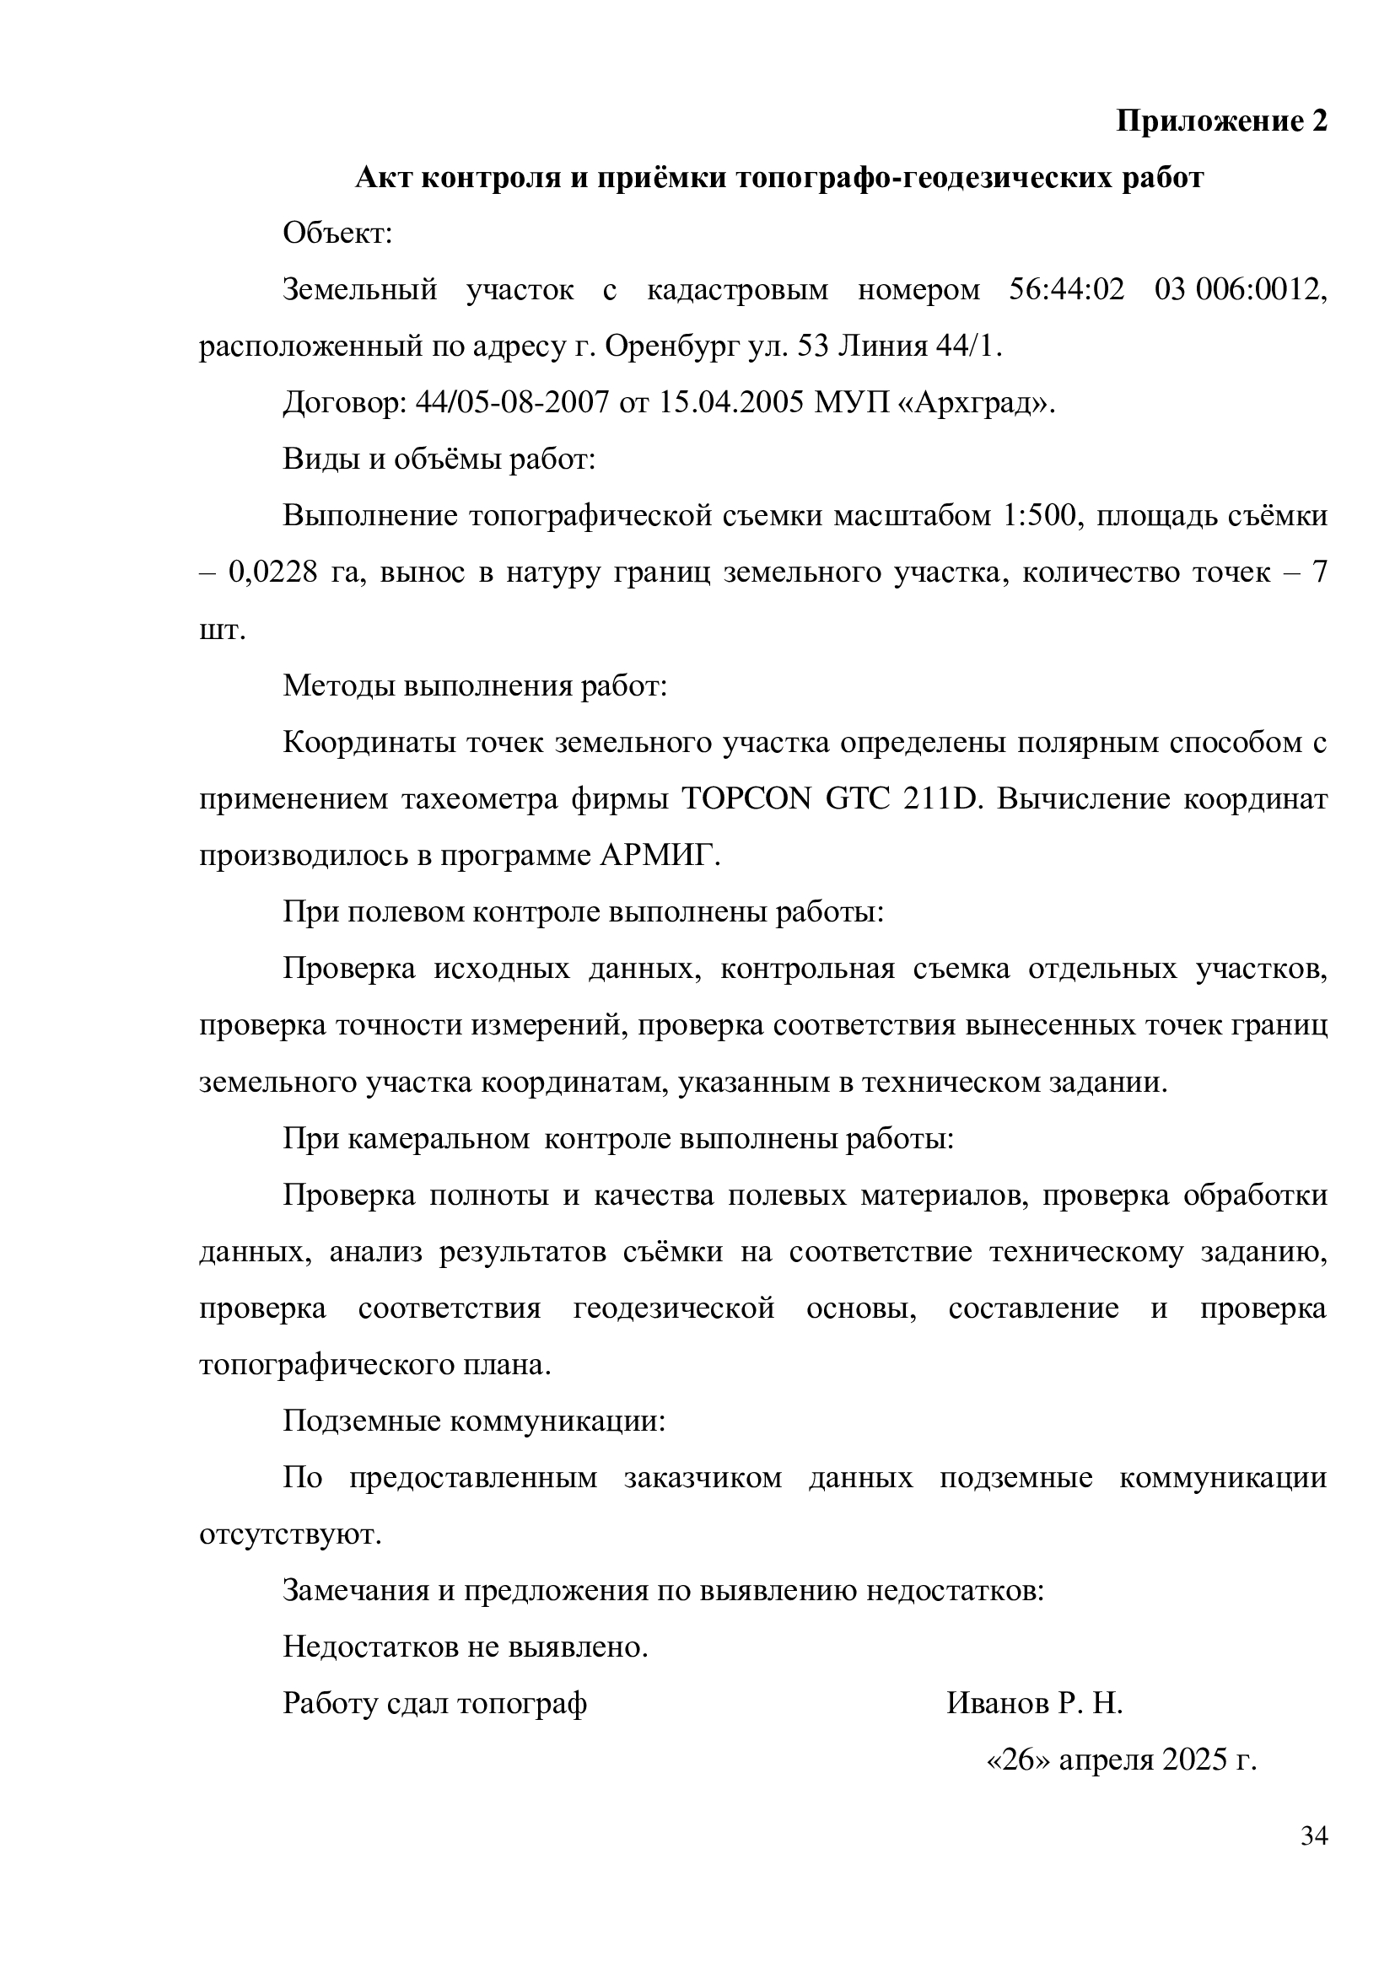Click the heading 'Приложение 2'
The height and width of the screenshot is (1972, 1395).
[x=1220, y=121]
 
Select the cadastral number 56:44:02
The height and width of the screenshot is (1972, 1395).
[x=1066, y=290]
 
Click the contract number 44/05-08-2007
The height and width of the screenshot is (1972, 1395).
[x=512, y=403]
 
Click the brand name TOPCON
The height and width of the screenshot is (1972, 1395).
[x=746, y=799]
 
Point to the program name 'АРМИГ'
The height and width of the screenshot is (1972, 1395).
[x=654, y=857]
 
